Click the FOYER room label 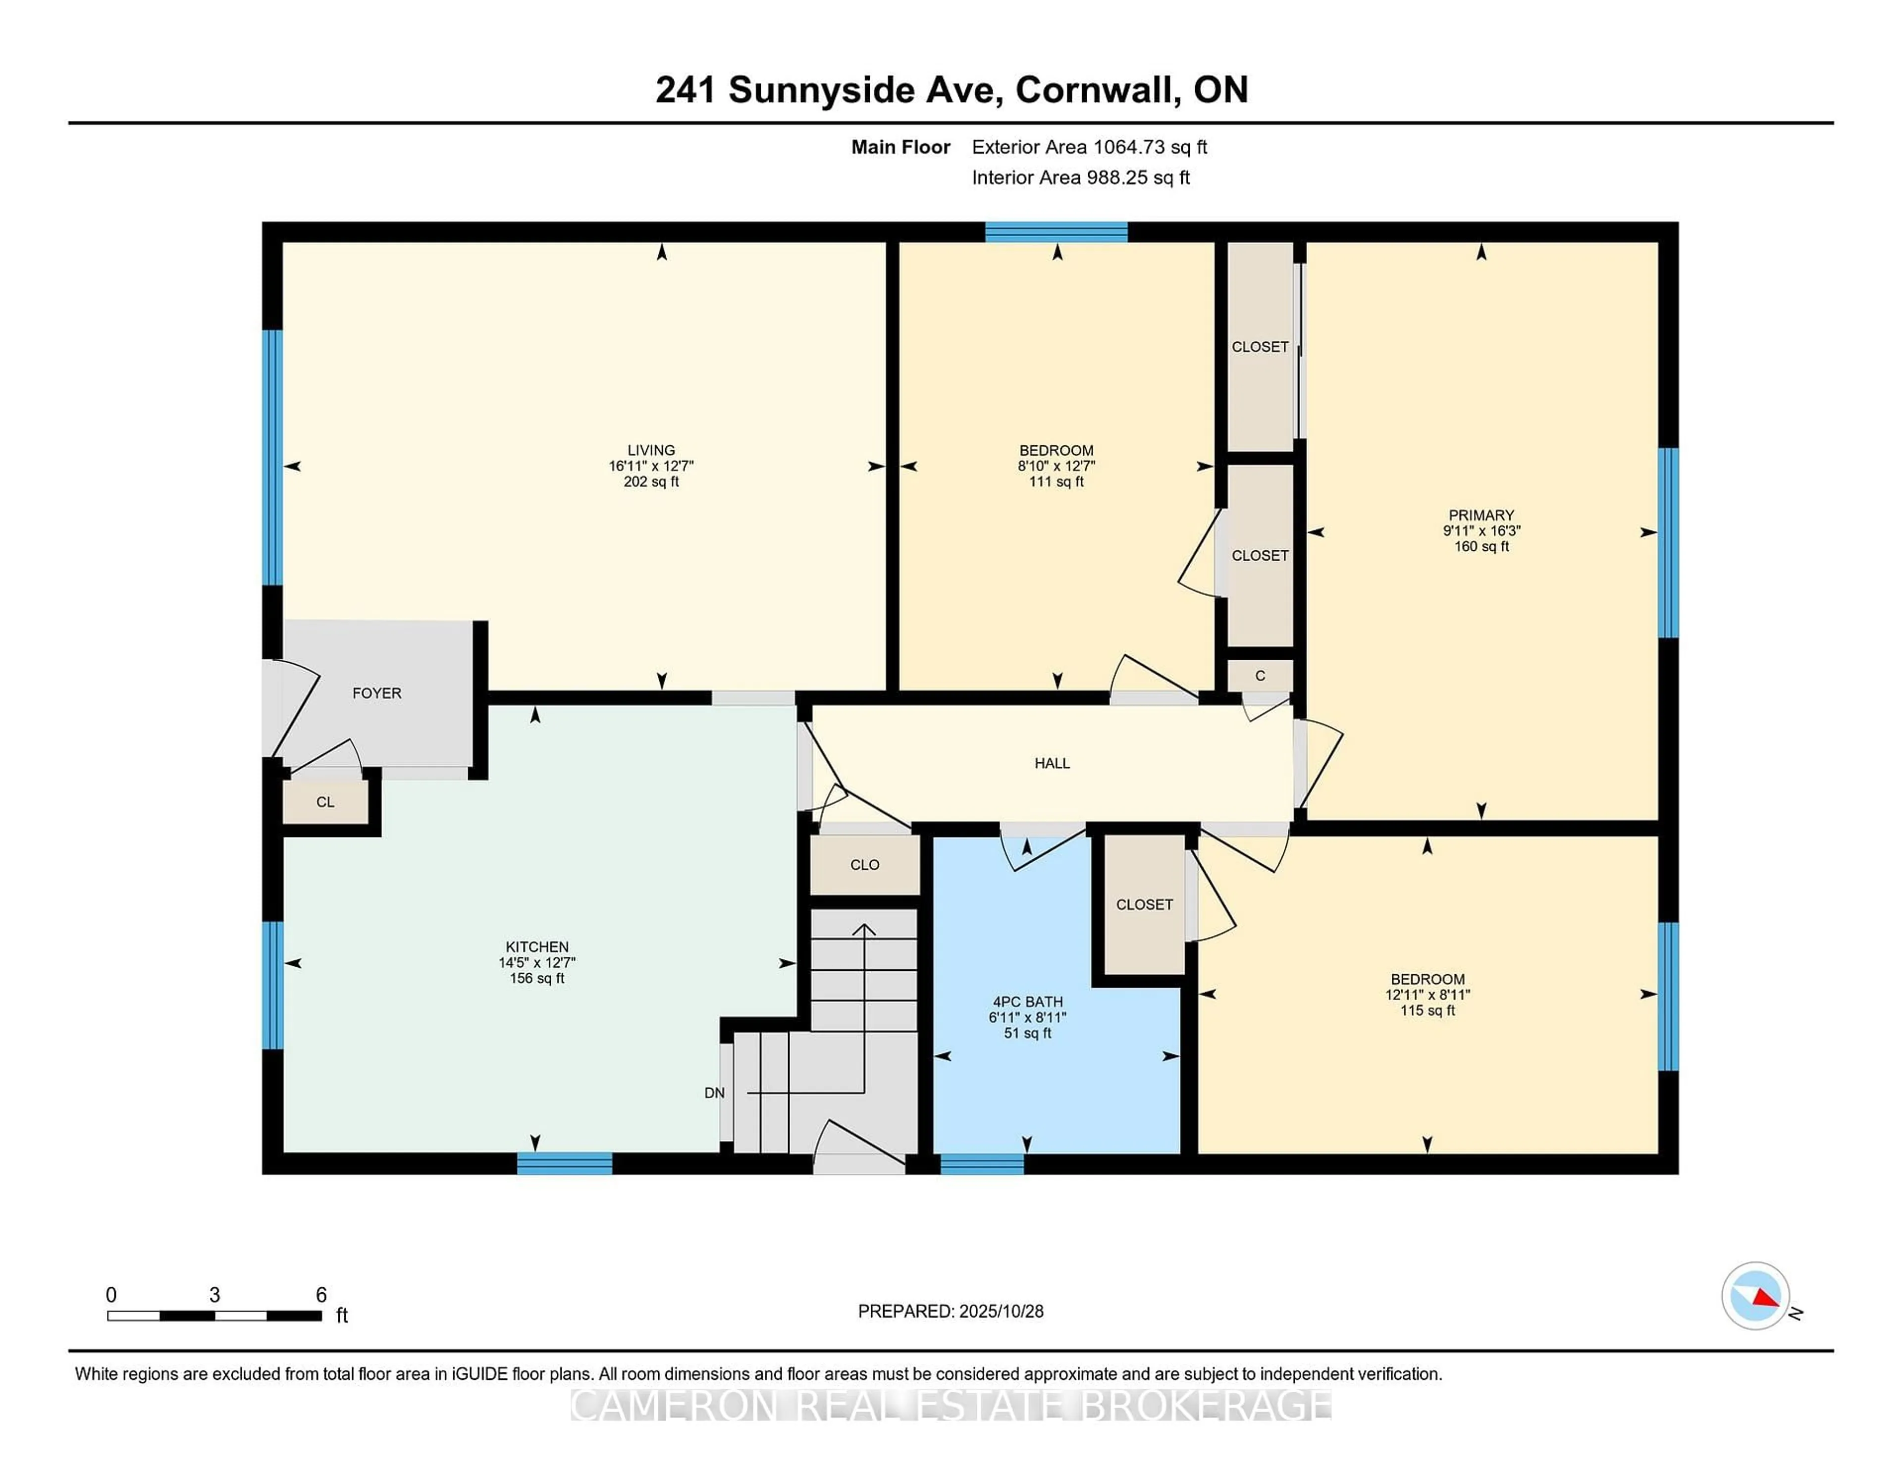pos(376,693)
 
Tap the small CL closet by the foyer pos(325,802)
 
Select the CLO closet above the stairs pos(865,865)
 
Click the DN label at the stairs pos(714,1093)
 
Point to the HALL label pos(1052,763)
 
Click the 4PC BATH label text pos(1028,1001)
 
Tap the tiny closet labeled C pos(1259,676)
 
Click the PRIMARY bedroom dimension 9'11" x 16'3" pos(1481,530)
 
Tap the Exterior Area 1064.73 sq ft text pos(1090,147)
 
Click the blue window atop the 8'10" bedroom pos(1057,232)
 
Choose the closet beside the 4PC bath pos(1144,905)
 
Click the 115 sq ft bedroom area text pos(1427,1010)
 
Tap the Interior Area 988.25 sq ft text pos(1081,178)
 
